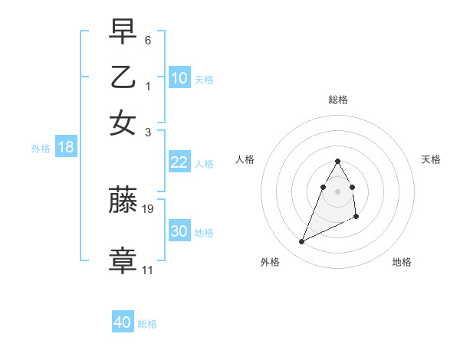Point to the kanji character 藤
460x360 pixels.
pyautogui.click(x=123, y=201)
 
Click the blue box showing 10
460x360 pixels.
pyautogui.click(x=179, y=78)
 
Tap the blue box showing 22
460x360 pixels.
pyautogui.click(x=179, y=162)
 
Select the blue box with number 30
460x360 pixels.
pyautogui.click(x=179, y=231)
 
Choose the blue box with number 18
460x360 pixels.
pyautogui.click(x=66, y=148)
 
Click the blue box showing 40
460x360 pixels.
pyautogui.click(x=123, y=322)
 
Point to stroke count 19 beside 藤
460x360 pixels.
pyautogui.click(x=148, y=208)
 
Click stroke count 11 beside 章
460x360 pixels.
pyautogui.click(x=147, y=270)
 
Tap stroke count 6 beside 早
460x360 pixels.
pyautogui.click(x=148, y=40)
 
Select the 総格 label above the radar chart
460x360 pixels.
pyautogui.click(x=337, y=100)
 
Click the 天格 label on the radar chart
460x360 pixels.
pyautogui.click(x=432, y=159)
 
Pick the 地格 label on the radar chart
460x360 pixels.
pyautogui.click(x=402, y=262)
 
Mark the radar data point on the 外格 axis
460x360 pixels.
pyautogui.click(x=302, y=242)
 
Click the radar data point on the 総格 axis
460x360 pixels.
pyautogui.click(x=337, y=161)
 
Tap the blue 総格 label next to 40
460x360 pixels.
pyautogui.click(x=147, y=324)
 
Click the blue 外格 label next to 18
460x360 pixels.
pyautogui.click(x=41, y=149)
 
